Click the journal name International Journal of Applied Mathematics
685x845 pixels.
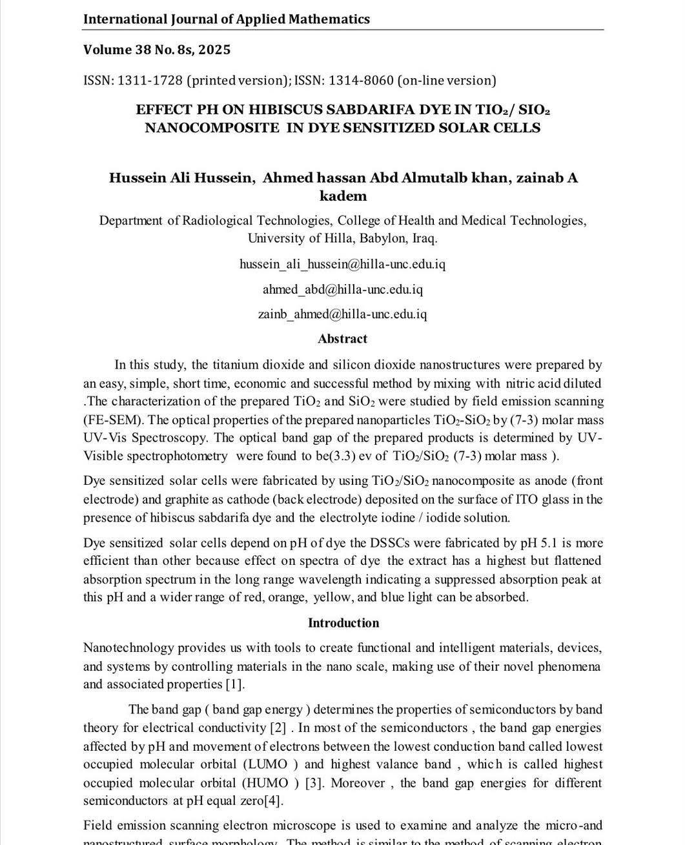click(x=226, y=19)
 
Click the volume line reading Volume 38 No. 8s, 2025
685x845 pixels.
click(x=156, y=50)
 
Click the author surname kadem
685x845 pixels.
click(x=343, y=196)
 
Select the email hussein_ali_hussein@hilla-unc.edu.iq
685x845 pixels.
click(x=342, y=264)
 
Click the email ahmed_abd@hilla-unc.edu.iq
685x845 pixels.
click(x=342, y=289)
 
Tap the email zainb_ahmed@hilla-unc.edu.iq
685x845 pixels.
click(x=342, y=314)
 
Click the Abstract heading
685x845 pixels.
click(x=342, y=339)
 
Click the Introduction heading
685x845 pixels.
click(x=343, y=623)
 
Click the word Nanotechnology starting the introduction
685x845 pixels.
click(x=128, y=647)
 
